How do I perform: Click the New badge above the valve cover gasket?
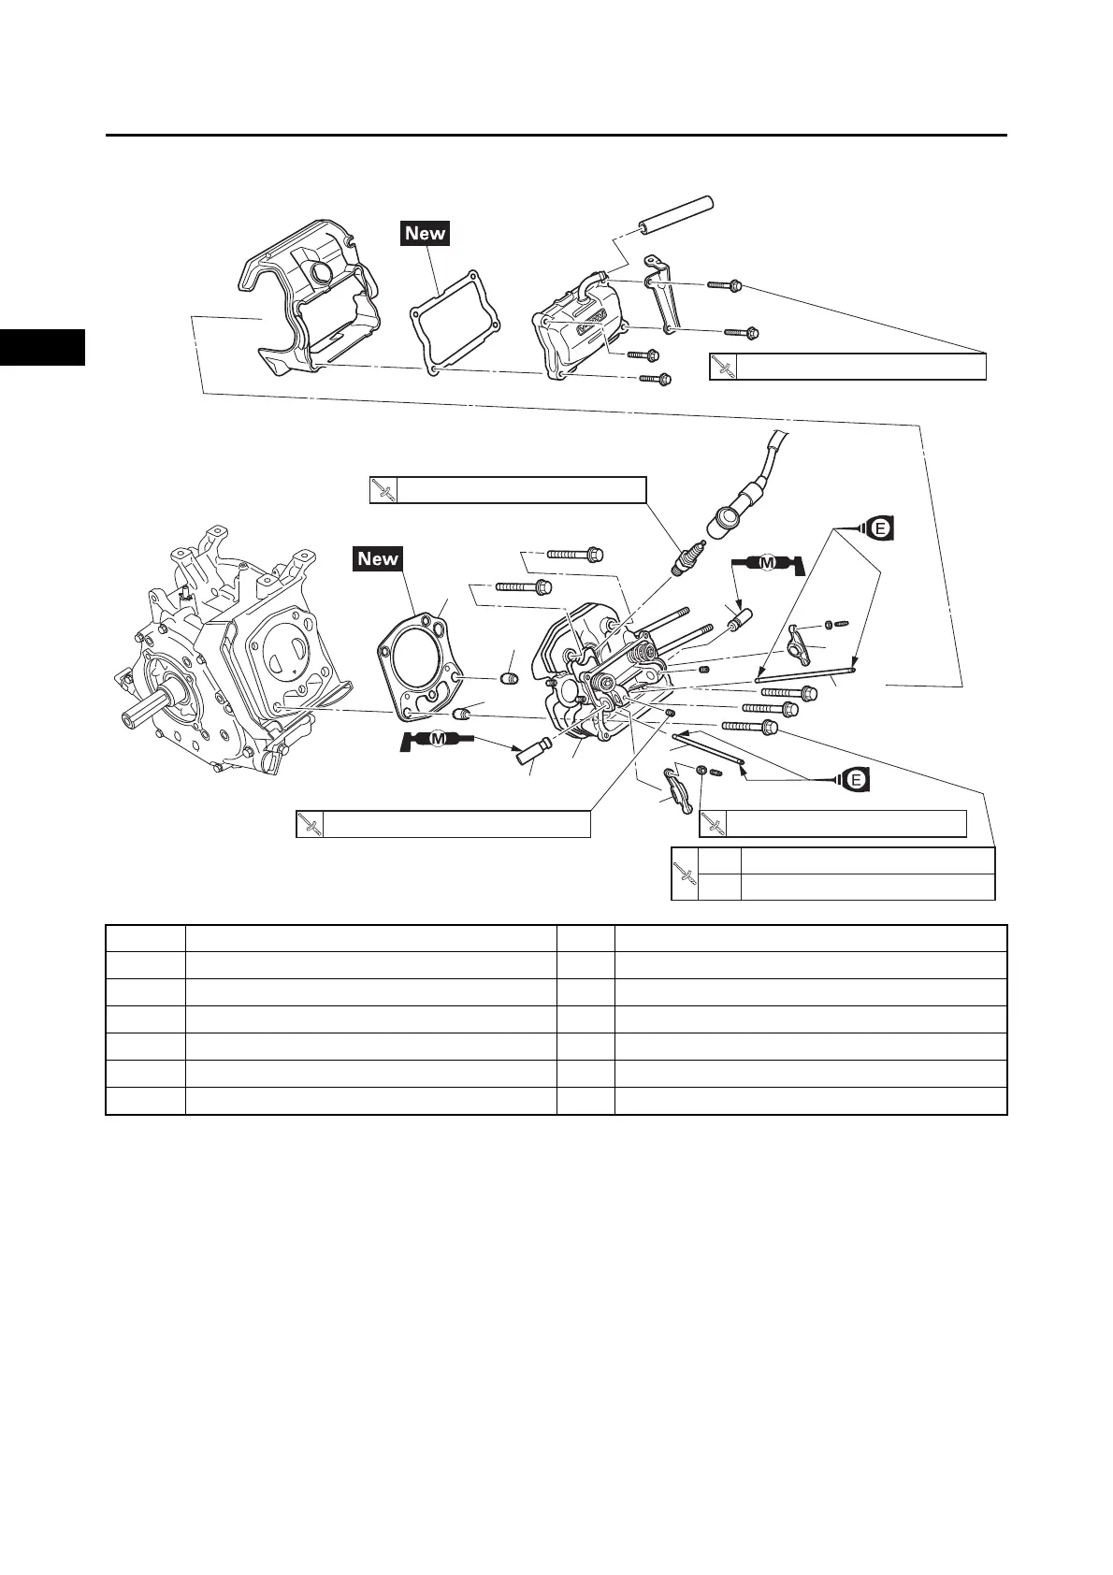tap(426, 233)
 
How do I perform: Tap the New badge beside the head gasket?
tap(378, 558)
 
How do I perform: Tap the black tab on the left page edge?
tap(42, 347)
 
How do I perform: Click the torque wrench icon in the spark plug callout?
tap(383, 490)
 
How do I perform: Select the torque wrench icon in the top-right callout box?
tap(723, 367)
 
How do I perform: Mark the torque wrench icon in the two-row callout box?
tap(686, 874)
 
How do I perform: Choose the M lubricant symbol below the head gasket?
tap(436, 742)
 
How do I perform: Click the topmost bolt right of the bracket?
tap(725, 283)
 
